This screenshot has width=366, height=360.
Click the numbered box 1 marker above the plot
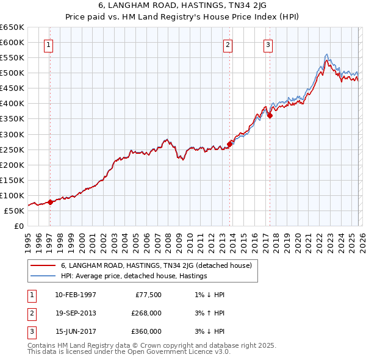click(x=48, y=45)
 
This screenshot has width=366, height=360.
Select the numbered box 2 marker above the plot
click(x=227, y=45)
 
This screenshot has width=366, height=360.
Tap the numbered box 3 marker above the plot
click(x=268, y=45)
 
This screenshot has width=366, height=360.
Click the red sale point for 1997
click(x=50, y=202)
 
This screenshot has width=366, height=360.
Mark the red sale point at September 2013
click(x=229, y=144)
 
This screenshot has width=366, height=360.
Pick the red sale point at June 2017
click(x=270, y=115)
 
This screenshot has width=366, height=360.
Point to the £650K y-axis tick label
click(x=12, y=27)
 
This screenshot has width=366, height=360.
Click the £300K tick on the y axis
click(x=12, y=134)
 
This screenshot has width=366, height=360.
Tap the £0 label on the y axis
click(x=18, y=226)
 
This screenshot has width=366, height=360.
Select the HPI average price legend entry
click(x=134, y=276)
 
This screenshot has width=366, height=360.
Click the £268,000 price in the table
click(x=146, y=313)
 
